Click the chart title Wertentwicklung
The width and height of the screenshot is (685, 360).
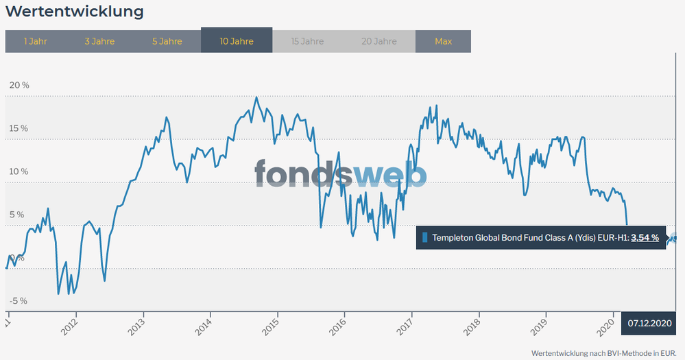pyautogui.click(x=75, y=12)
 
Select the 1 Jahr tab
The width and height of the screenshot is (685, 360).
pyautogui.click(x=35, y=41)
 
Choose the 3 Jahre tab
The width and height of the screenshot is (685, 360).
pyautogui.click(x=99, y=41)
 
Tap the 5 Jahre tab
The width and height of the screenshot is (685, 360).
pyautogui.click(x=167, y=41)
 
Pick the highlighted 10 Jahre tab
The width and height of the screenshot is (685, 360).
pyautogui.click(x=237, y=41)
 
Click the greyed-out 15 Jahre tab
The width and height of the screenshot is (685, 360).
pyautogui.click(x=307, y=41)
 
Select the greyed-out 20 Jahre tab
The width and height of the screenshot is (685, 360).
pyautogui.click(x=379, y=41)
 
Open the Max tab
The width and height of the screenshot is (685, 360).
pyautogui.click(x=443, y=41)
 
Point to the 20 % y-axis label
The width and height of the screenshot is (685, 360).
pyautogui.click(x=19, y=86)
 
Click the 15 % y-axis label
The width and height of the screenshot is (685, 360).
pyautogui.click(x=19, y=129)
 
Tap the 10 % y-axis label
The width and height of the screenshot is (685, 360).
pyautogui.click(x=19, y=171)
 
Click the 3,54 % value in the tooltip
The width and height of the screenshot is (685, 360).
pyautogui.click(x=645, y=238)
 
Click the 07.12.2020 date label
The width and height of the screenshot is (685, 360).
pyautogui.click(x=649, y=322)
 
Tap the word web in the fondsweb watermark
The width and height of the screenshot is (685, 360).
pyautogui.click(x=391, y=176)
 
